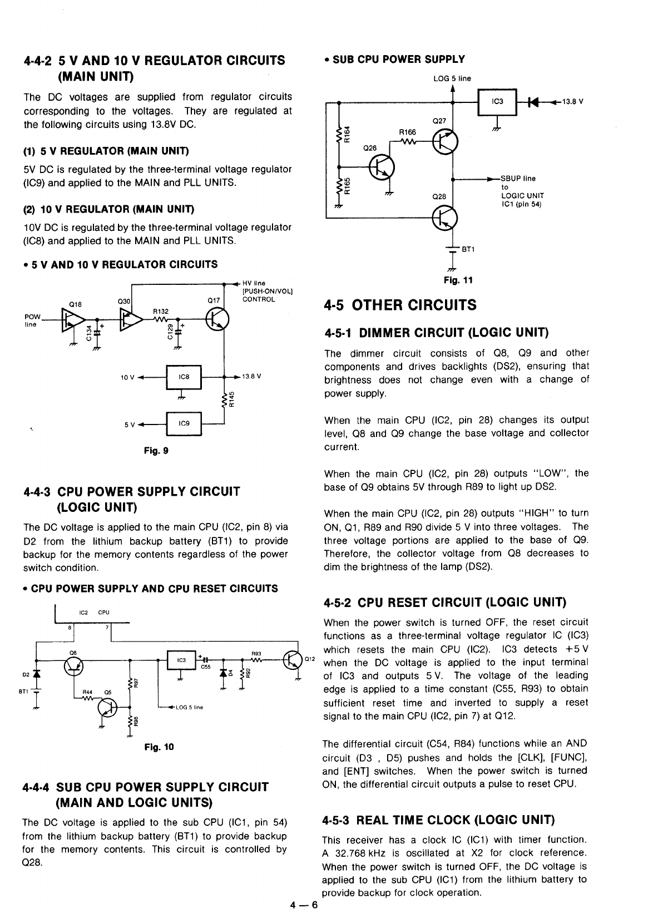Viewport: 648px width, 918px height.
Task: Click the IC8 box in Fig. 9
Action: click(184, 377)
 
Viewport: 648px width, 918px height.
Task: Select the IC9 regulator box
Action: click(184, 423)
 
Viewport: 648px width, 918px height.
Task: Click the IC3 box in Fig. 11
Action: click(498, 101)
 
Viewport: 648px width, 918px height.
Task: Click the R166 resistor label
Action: click(407, 132)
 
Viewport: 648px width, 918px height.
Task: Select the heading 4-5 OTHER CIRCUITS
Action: click(400, 305)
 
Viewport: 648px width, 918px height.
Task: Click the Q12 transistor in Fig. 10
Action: click(293, 660)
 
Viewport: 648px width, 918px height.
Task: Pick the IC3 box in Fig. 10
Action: click(181, 660)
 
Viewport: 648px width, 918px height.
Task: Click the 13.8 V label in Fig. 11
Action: click(570, 101)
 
